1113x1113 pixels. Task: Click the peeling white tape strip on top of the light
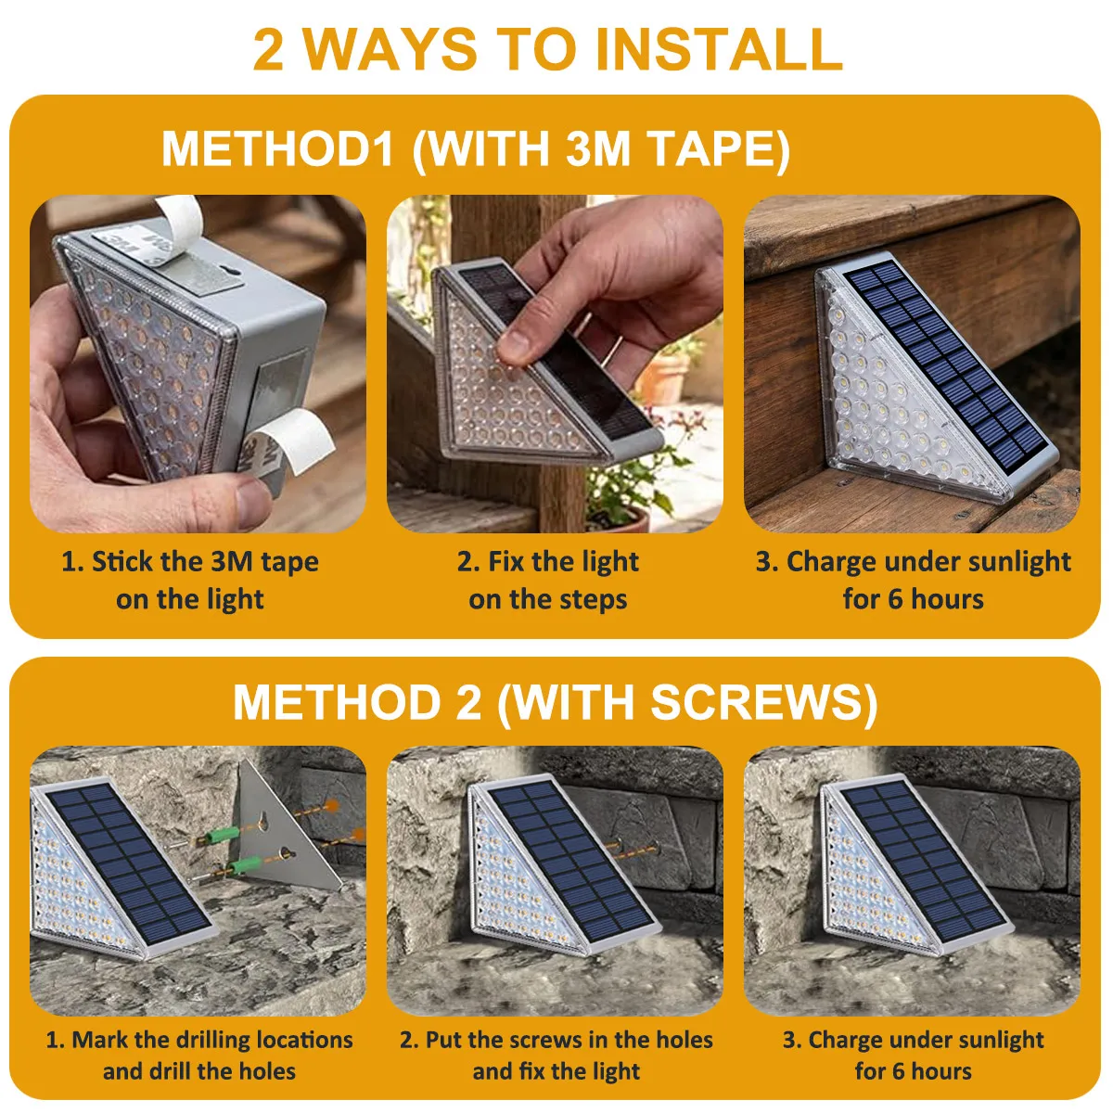coord(176,223)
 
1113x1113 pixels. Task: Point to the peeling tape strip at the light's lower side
coord(295,441)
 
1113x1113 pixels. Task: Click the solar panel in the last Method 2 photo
coord(924,862)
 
